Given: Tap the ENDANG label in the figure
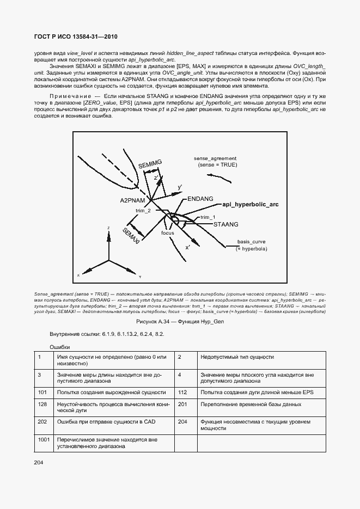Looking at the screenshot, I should pos(200,199).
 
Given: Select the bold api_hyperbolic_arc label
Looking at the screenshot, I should pos(251,204).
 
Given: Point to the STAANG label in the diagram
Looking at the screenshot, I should pos(225,224).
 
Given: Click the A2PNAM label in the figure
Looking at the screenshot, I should pos(131,200).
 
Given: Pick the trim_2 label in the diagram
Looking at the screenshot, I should pos(143,210).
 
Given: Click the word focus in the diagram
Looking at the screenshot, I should pos(167,232).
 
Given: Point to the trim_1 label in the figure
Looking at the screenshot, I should pos(208,217).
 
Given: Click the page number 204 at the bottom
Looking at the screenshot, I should pos(38,462).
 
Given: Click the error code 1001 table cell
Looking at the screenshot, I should pos(44,438).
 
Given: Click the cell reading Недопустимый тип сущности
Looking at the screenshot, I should pos(237,357).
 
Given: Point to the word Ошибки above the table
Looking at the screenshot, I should pos(60,347).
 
